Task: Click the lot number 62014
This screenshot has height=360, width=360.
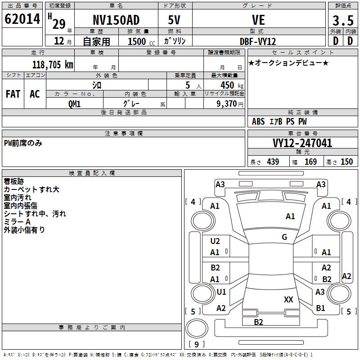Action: (x=22, y=19)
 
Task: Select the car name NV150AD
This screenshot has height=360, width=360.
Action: (x=116, y=20)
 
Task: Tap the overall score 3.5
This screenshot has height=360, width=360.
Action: (x=342, y=21)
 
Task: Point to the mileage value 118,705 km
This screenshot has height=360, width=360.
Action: (x=53, y=65)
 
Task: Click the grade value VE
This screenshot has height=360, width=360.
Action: (x=258, y=20)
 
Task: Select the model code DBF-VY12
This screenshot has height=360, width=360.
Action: (x=258, y=41)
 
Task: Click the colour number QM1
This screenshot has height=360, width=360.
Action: (x=74, y=103)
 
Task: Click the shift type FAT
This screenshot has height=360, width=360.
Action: (x=13, y=94)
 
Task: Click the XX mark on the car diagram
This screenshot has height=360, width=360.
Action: (x=288, y=300)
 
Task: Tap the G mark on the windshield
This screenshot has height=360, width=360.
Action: (x=284, y=237)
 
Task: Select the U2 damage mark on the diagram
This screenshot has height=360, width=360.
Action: (x=215, y=241)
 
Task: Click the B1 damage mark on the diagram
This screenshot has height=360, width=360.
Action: (x=320, y=308)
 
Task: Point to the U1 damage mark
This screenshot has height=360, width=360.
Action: (x=221, y=292)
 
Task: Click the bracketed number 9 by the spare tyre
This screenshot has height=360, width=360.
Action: (x=196, y=344)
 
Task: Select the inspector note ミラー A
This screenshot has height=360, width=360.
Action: (x=17, y=222)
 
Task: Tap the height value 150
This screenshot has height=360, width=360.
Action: (x=346, y=162)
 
